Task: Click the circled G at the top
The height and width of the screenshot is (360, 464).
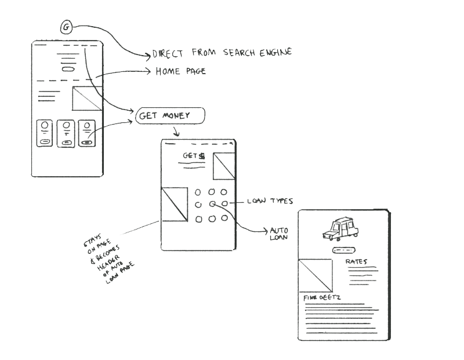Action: tap(67, 27)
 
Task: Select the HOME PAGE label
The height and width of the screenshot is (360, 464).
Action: tap(180, 71)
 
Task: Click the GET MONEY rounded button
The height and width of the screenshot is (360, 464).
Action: tap(170, 117)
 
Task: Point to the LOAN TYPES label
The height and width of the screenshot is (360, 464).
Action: tap(270, 201)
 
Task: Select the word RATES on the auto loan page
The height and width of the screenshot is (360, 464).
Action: tap(356, 262)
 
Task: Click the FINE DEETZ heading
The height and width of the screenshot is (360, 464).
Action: tap(322, 297)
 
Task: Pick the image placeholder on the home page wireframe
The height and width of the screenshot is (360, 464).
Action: tap(86, 99)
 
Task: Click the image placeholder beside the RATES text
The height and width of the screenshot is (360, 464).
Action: tap(315, 275)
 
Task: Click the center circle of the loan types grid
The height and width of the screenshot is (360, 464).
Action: tap(212, 204)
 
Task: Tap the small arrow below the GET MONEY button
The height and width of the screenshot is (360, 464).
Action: tap(175, 132)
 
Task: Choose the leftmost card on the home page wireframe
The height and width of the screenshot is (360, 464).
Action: tap(44, 133)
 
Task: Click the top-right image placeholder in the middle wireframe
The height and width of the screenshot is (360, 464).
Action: tap(223, 168)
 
